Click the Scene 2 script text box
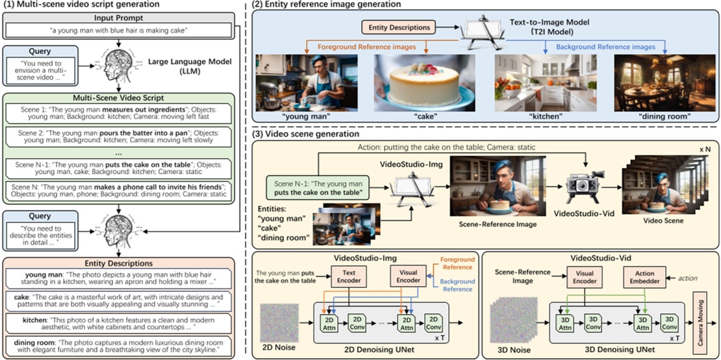[x=120, y=138]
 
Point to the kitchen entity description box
[x=120, y=320]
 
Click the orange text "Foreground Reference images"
[x=369, y=47]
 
